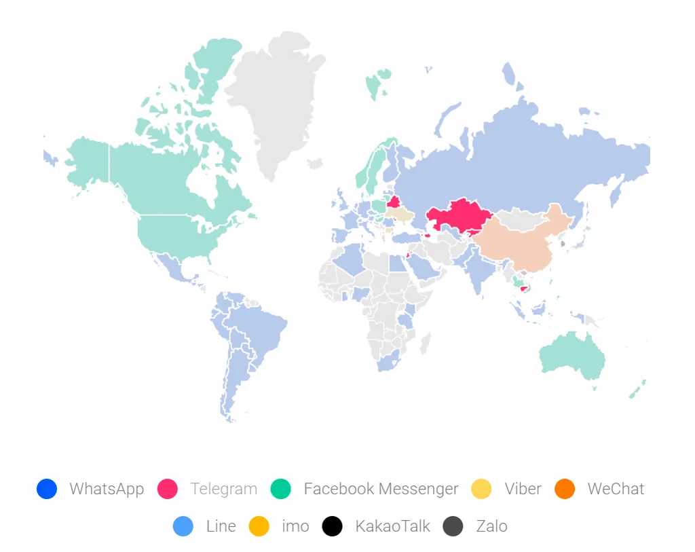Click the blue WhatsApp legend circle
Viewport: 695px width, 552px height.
(x=47, y=489)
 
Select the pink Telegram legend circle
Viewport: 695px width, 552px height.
(x=168, y=489)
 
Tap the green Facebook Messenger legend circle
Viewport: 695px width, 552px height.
(x=281, y=489)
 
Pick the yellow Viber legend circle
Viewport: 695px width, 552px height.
(x=482, y=489)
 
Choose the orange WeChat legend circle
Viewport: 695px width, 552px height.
(x=565, y=489)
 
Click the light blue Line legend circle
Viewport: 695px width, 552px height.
(x=183, y=526)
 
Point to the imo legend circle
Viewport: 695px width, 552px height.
(x=259, y=526)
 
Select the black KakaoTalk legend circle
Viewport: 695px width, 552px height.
(x=333, y=526)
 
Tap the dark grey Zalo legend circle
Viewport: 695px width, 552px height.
(x=453, y=526)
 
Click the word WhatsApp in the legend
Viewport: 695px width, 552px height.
(x=107, y=489)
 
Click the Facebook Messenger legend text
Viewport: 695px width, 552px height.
(x=381, y=489)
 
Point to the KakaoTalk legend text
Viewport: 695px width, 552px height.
(x=392, y=526)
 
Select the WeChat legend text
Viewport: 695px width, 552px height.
(x=616, y=489)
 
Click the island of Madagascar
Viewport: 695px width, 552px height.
(x=425, y=344)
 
